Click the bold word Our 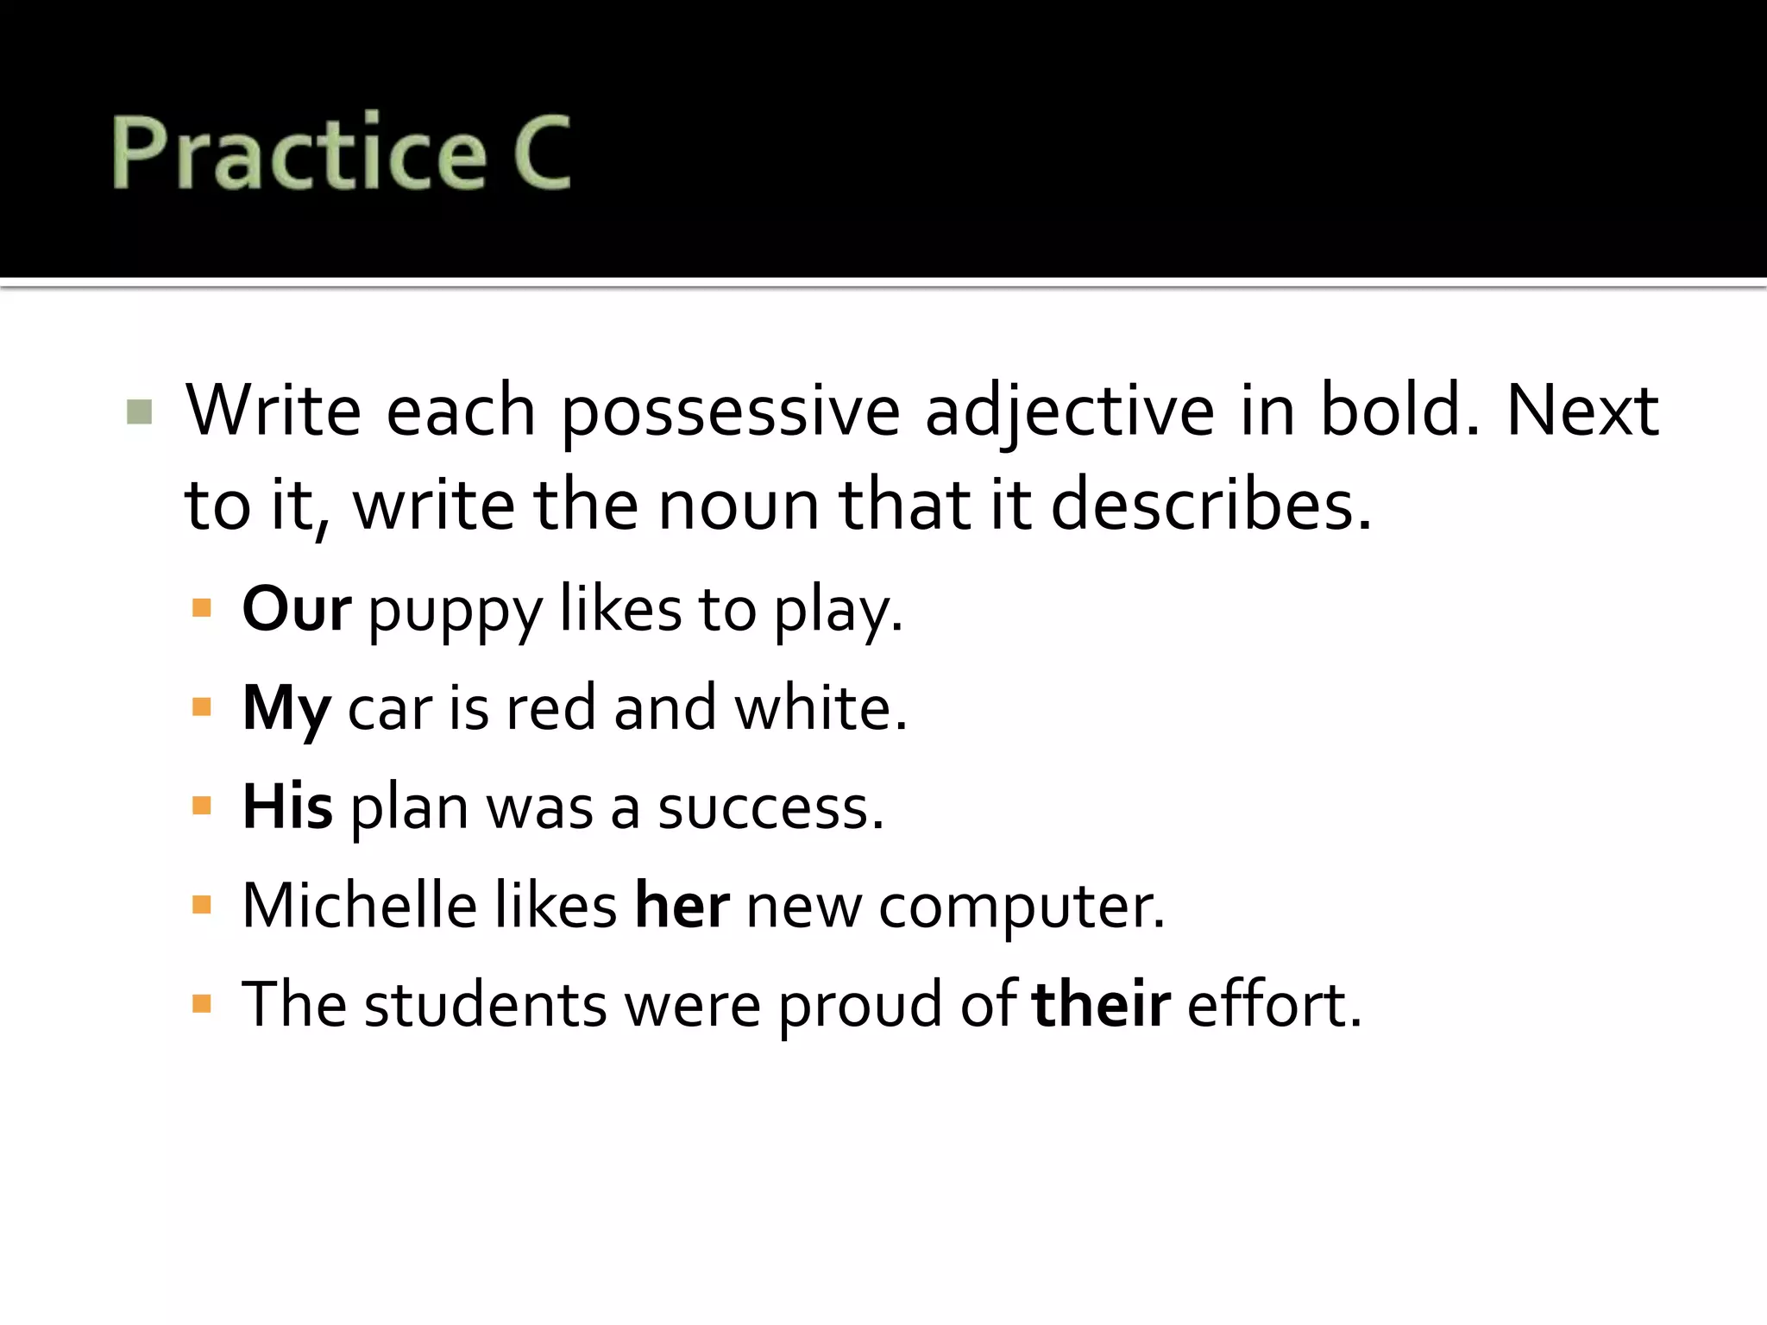(x=296, y=609)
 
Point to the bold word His (x=286, y=807)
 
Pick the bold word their (x=1101, y=1005)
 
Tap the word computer (x=1021, y=907)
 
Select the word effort (x=1273, y=1005)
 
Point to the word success (x=770, y=809)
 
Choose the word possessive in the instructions (x=730, y=412)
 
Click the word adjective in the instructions (x=1070, y=412)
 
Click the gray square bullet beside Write (x=139, y=411)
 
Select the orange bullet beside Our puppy (x=202, y=609)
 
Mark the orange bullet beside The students (x=202, y=1004)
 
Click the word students (x=485, y=1005)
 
